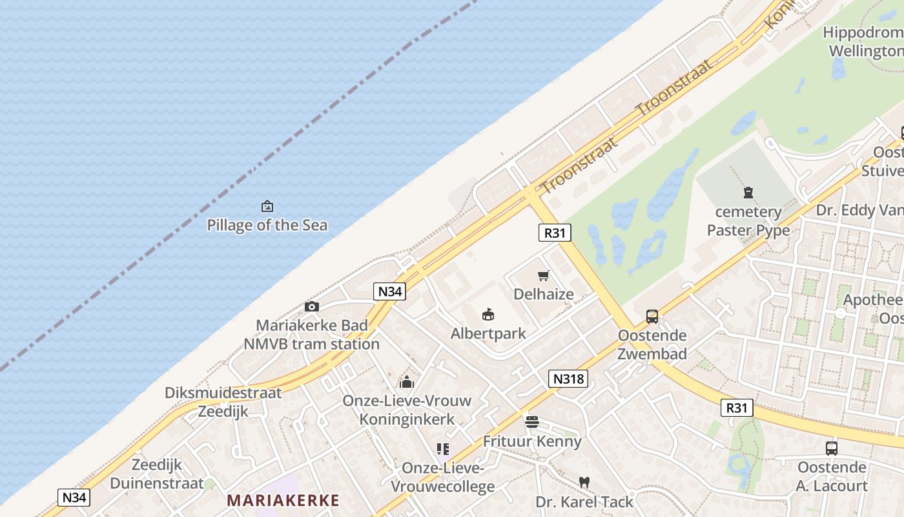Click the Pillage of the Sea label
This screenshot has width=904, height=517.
pyautogui.click(x=267, y=226)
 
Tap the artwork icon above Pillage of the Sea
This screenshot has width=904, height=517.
pyautogui.click(x=267, y=206)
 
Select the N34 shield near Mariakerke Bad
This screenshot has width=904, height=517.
pyautogui.click(x=390, y=291)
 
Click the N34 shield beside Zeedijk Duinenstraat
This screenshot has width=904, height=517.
pyautogui.click(x=74, y=498)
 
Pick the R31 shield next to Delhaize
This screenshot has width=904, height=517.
pyautogui.click(x=555, y=233)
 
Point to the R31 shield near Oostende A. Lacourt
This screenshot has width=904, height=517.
pyautogui.click(x=737, y=408)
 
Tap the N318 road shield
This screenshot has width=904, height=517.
pyautogui.click(x=569, y=379)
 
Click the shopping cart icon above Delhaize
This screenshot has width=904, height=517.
pyautogui.click(x=544, y=276)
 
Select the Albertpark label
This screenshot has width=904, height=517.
pyautogui.click(x=488, y=333)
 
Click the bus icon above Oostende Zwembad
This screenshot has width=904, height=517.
pyautogui.click(x=652, y=317)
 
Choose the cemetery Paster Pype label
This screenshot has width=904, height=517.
pyautogui.click(x=748, y=221)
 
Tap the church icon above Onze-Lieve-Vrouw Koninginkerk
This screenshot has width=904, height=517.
pyautogui.click(x=407, y=382)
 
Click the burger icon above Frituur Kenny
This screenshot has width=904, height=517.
pyautogui.click(x=532, y=423)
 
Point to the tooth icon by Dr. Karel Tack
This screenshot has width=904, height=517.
pyautogui.click(x=584, y=482)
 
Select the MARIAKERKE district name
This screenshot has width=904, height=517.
pyautogui.click(x=283, y=500)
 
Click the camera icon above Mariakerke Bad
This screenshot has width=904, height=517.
pyautogui.click(x=312, y=307)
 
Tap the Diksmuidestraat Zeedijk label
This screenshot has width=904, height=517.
pyautogui.click(x=223, y=402)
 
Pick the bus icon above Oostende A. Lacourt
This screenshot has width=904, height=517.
pyautogui.click(x=832, y=448)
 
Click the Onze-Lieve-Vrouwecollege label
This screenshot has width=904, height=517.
pyautogui.click(x=443, y=477)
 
